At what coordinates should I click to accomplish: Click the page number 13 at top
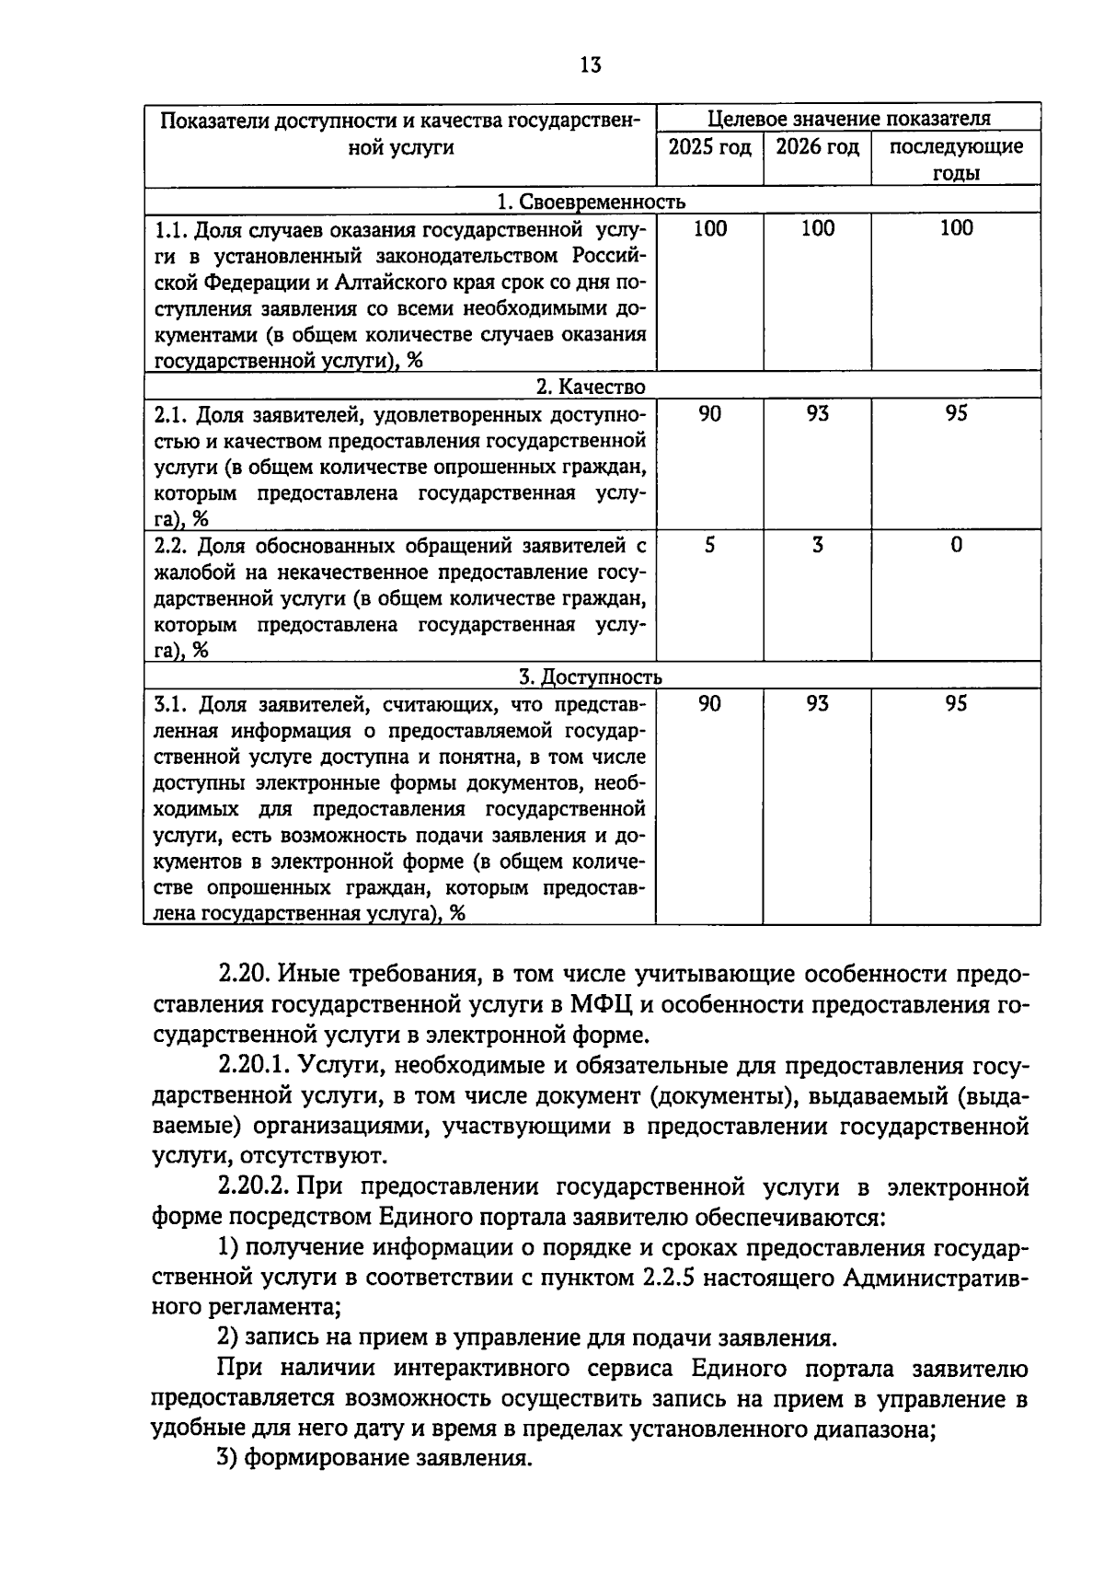click(x=591, y=65)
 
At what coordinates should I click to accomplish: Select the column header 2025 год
click(x=709, y=147)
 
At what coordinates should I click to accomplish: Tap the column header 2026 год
click(x=817, y=147)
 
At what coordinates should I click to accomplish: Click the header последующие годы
click(x=956, y=159)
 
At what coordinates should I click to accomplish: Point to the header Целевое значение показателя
click(x=848, y=119)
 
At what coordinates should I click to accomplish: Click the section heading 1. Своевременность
click(x=592, y=202)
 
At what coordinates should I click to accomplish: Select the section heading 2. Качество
click(x=592, y=387)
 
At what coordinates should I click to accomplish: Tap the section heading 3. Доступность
click(x=592, y=677)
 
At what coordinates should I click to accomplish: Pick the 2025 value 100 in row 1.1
click(x=709, y=228)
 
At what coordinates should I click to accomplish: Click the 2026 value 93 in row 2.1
click(x=817, y=414)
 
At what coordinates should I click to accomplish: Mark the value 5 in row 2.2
click(x=709, y=546)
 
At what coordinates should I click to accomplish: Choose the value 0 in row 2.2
click(x=956, y=546)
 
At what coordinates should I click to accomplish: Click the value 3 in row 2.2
click(x=817, y=546)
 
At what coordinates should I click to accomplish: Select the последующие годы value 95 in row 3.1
click(x=956, y=704)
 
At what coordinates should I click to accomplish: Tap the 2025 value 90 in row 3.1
click(x=709, y=704)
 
